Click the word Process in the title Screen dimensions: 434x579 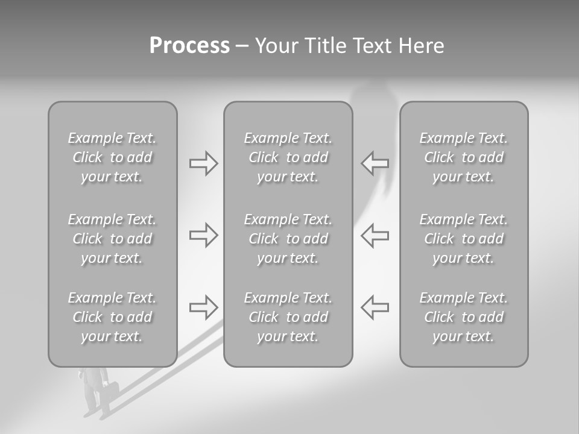click(189, 46)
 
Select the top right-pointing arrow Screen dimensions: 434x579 click(203, 163)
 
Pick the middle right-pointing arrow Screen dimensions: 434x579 click(203, 235)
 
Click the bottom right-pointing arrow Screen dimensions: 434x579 click(203, 307)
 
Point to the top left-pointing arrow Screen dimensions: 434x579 click(375, 163)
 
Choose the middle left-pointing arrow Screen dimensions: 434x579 click(375, 235)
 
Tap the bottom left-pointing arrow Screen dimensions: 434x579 click(375, 307)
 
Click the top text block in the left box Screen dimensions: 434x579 click(112, 157)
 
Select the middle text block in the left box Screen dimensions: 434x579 click(112, 239)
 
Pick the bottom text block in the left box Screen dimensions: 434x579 click(112, 317)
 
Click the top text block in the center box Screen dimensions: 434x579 click(288, 157)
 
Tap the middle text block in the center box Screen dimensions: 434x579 click(288, 239)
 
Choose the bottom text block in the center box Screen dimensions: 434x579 click(288, 317)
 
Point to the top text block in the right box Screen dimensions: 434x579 click(463, 157)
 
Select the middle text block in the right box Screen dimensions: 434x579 click(463, 239)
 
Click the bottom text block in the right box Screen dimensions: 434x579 click(463, 317)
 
